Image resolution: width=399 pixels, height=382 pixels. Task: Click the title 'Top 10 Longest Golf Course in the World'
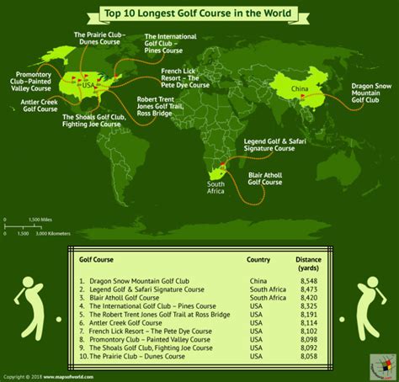[x=199, y=13]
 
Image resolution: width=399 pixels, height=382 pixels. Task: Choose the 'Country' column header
[x=258, y=261]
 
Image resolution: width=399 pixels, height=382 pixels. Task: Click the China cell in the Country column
[x=258, y=279]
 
